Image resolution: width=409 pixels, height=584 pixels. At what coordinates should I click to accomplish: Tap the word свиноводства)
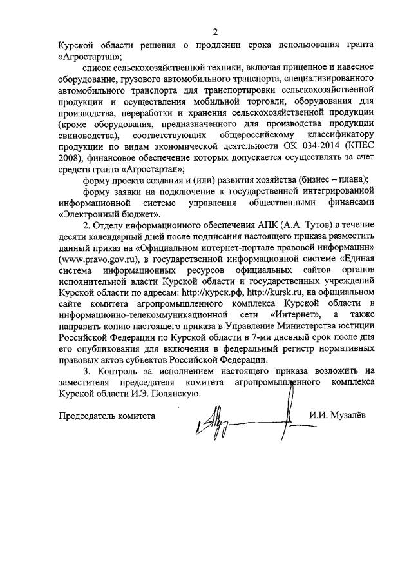point(88,137)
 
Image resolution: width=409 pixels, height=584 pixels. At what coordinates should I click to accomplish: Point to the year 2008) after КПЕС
point(70,160)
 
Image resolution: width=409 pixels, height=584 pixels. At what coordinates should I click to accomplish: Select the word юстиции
point(356,326)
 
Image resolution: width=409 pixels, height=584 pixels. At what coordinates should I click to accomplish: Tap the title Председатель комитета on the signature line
point(107,416)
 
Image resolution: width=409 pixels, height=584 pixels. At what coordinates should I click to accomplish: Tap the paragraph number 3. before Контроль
point(88,370)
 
